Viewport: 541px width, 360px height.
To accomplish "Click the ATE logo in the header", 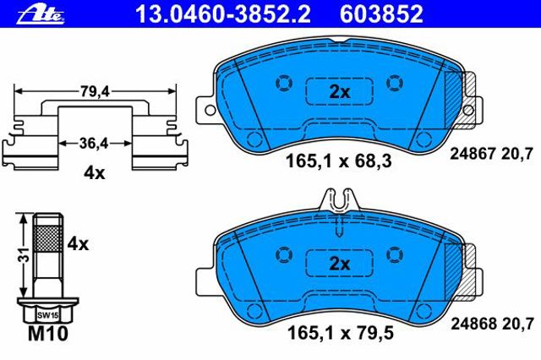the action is (41, 14).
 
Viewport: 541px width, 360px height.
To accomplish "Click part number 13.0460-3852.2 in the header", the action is (223, 14).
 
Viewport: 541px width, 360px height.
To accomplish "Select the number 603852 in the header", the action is (381, 14).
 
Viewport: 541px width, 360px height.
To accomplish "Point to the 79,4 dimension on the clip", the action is (95, 91).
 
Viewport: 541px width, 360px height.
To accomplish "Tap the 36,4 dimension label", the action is (94, 143).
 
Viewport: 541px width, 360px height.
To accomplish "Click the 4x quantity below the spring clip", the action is (94, 173).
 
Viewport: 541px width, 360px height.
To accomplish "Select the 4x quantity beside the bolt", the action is (78, 244).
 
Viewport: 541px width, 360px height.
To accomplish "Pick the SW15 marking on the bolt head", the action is (47, 315).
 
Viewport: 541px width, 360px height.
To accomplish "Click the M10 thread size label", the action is (47, 334).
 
